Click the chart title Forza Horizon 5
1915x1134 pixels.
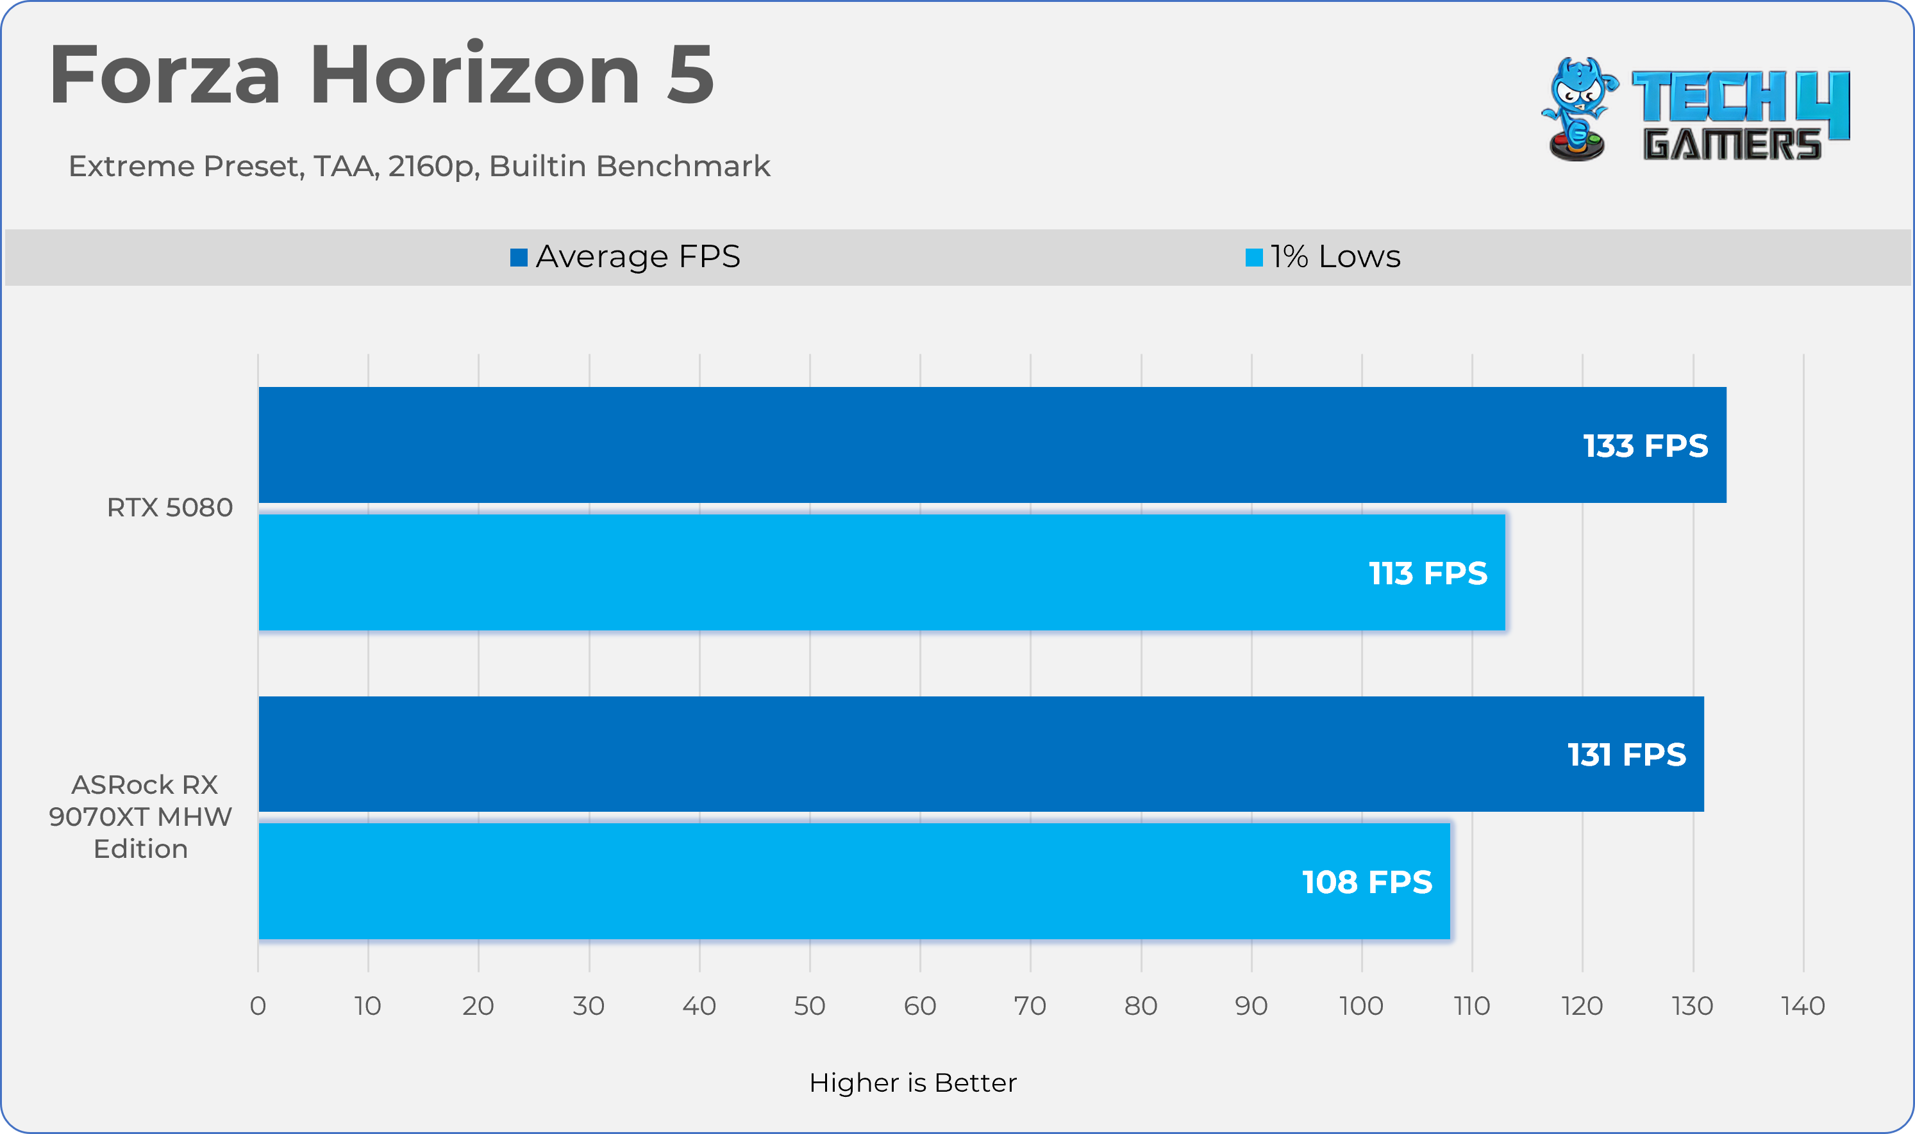click(381, 74)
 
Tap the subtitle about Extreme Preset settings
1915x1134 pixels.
click(419, 166)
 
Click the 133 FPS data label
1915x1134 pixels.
click(1645, 445)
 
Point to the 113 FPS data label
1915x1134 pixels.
click(1427, 573)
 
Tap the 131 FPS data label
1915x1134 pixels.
click(1626, 754)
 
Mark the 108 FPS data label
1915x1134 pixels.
click(1367, 882)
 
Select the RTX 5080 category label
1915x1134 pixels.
click(170, 507)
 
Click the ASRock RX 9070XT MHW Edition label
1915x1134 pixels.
click(140, 817)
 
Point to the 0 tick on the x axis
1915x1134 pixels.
click(258, 1006)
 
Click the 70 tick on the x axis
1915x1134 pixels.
click(1030, 1006)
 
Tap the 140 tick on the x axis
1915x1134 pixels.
click(1803, 1006)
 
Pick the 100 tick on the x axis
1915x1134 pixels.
click(1360, 1006)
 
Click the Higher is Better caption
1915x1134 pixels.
click(913, 1083)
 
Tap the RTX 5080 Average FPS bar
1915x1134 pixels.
click(917, 445)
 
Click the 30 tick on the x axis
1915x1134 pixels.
click(589, 1006)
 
